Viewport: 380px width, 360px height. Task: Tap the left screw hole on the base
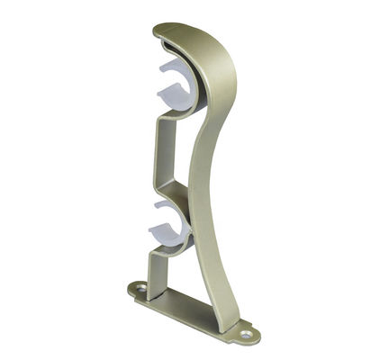(x=139, y=289)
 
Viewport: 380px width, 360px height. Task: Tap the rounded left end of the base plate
(x=131, y=289)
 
